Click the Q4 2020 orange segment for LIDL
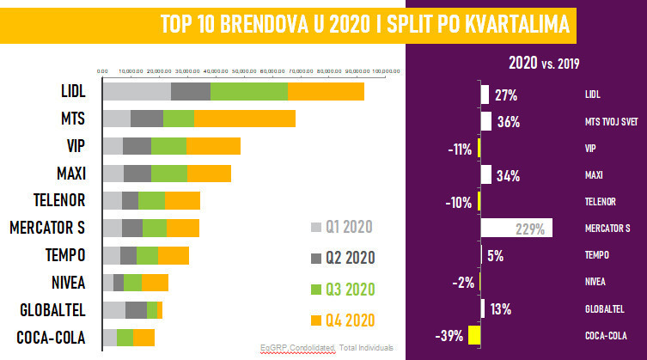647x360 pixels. point(326,91)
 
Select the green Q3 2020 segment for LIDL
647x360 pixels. point(249,91)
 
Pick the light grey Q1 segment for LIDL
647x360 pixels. point(137,91)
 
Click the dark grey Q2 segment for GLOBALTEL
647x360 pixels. point(136,310)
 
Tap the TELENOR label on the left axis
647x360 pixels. point(61,200)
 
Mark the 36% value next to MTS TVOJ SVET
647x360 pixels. point(509,122)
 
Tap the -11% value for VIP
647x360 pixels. point(460,149)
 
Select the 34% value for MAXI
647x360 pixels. point(508,176)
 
